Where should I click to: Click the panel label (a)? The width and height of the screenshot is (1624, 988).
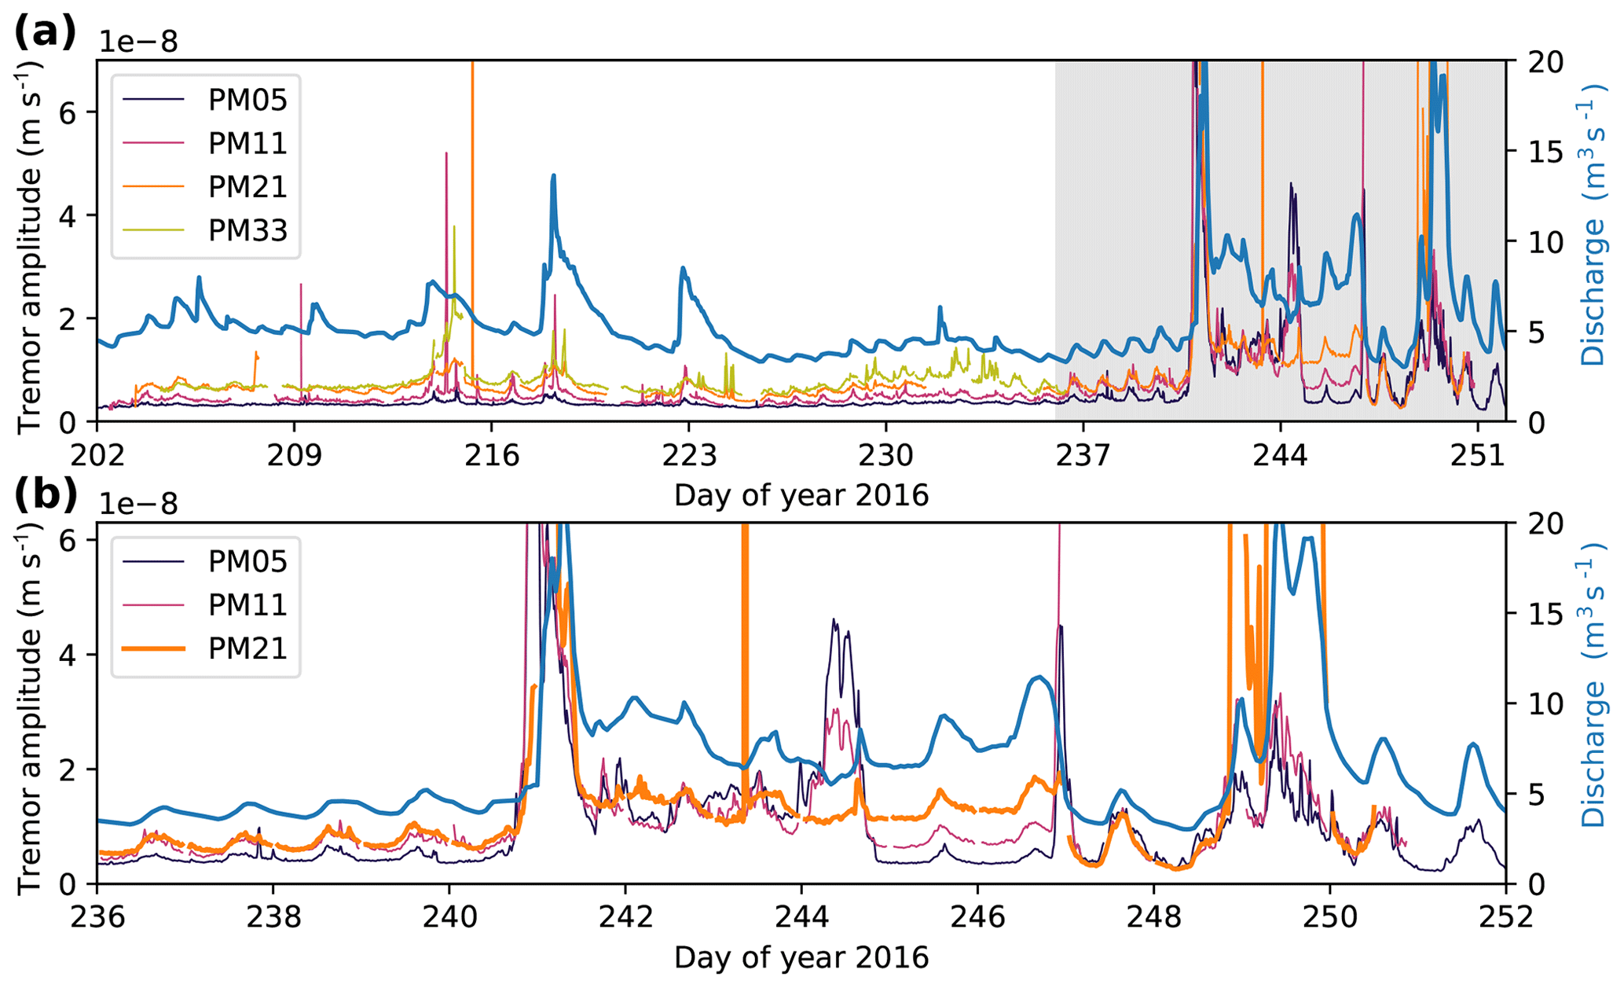click(x=45, y=33)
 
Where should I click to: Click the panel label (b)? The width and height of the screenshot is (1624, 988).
click(x=45, y=495)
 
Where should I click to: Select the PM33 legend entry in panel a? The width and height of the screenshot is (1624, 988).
click(x=247, y=230)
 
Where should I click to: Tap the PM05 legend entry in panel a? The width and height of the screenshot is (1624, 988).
click(x=247, y=100)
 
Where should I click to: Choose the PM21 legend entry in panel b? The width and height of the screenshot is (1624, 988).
click(x=247, y=648)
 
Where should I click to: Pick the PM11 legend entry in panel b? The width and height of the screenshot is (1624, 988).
click(x=247, y=604)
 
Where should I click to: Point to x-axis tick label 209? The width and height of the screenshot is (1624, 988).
click(x=295, y=456)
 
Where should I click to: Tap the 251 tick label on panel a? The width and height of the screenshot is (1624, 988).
click(x=1477, y=456)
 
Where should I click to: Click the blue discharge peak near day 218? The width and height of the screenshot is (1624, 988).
click(x=553, y=176)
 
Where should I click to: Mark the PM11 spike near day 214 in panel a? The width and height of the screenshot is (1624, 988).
click(x=446, y=154)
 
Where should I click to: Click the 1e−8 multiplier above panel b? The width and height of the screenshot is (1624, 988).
click(x=138, y=503)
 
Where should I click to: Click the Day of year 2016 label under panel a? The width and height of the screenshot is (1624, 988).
click(x=801, y=496)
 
